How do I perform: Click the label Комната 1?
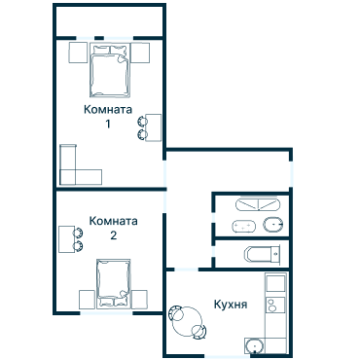(x=108, y=116)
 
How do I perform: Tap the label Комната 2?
(x=113, y=228)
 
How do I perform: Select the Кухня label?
(x=231, y=305)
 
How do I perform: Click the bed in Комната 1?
(x=110, y=70)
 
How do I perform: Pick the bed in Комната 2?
(x=113, y=282)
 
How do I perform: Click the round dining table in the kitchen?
(x=188, y=322)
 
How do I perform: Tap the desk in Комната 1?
(x=154, y=127)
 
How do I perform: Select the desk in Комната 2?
(x=67, y=239)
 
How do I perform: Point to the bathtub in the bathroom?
(x=258, y=204)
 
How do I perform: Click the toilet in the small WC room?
(x=263, y=254)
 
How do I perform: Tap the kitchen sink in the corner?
(x=255, y=346)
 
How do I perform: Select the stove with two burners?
(x=275, y=305)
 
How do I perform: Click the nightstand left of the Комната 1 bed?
(x=78, y=53)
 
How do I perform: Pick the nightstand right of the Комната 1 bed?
(x=140, y=53)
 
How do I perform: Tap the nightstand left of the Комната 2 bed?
(x=87, y=300)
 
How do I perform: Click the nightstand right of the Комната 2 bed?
(x=139, y=300)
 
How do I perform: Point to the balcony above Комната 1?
(x=109, y=21)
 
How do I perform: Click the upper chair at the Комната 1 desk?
(x=142, y=121)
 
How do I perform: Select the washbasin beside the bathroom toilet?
(x=243, y=226)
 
